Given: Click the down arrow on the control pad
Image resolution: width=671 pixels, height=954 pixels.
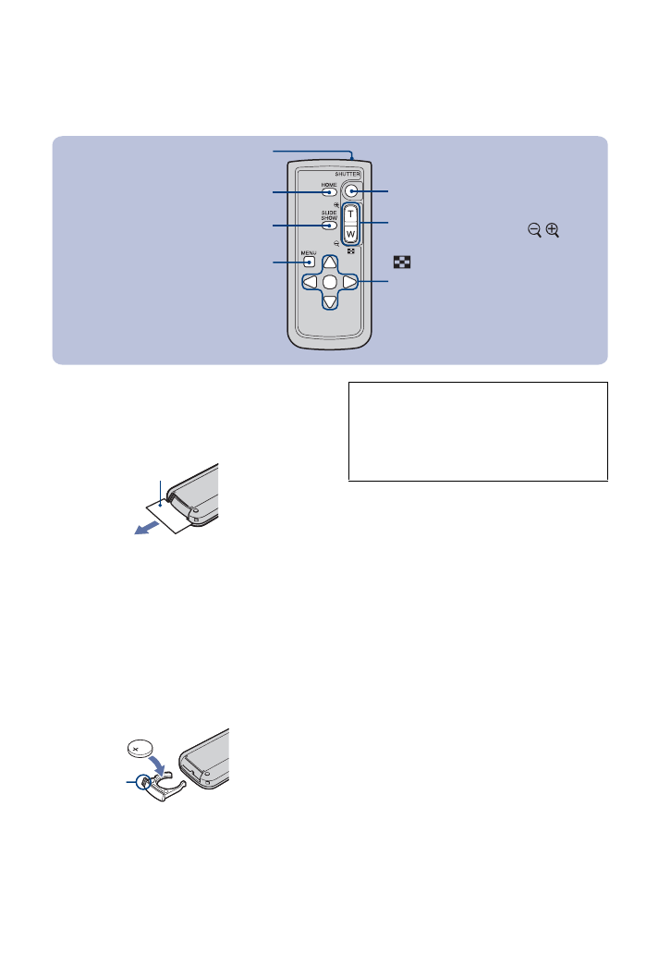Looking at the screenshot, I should click(329, 300).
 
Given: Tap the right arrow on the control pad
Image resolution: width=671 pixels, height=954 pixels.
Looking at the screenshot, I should click(348, 282).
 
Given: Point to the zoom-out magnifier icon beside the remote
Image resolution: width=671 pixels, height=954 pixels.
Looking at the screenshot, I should click(534, 230).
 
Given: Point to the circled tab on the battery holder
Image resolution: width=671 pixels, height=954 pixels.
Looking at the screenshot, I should click(144, 782).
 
